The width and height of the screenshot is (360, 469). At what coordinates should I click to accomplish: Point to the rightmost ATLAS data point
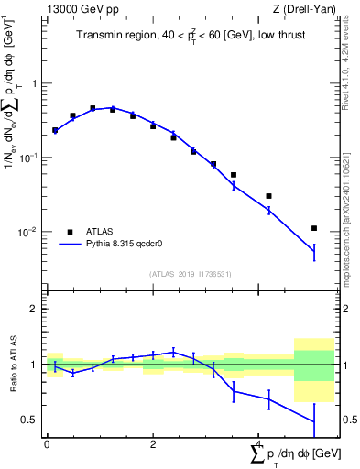[314, 228]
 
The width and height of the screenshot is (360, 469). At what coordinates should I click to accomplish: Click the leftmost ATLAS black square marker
[55, 130]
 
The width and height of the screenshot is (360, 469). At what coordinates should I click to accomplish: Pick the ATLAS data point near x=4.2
[268, 196]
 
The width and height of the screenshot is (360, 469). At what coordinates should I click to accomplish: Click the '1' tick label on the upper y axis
[36, 83]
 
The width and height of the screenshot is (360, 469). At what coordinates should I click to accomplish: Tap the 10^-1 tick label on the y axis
[30, 158]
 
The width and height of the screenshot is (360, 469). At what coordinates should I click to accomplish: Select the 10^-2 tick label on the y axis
[30, 232]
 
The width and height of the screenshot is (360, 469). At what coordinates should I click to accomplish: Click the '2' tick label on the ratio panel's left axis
[36, 309]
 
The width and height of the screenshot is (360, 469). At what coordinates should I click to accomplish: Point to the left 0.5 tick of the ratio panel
[32, 420]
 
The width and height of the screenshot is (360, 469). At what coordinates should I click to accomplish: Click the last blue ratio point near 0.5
[314, 421]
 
